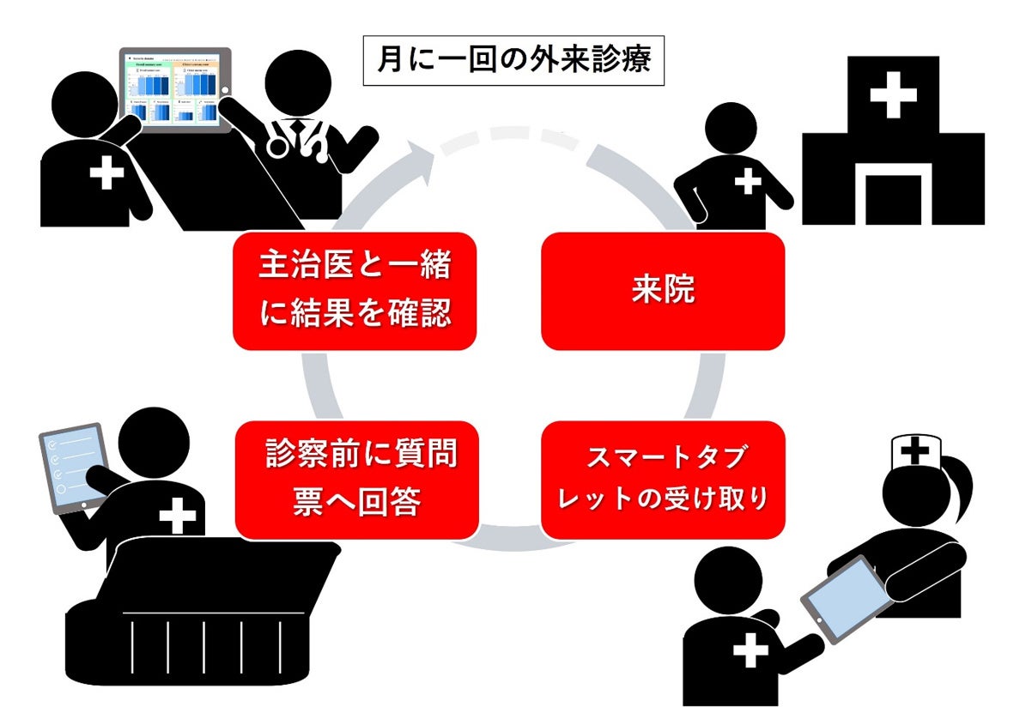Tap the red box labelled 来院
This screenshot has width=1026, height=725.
[662, 291]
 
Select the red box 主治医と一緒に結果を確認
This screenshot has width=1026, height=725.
[354, 291]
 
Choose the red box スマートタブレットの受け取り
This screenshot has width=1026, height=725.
[662, 480]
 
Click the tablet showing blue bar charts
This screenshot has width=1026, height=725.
[174, 88]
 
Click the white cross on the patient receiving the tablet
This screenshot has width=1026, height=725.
[750, 652]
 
